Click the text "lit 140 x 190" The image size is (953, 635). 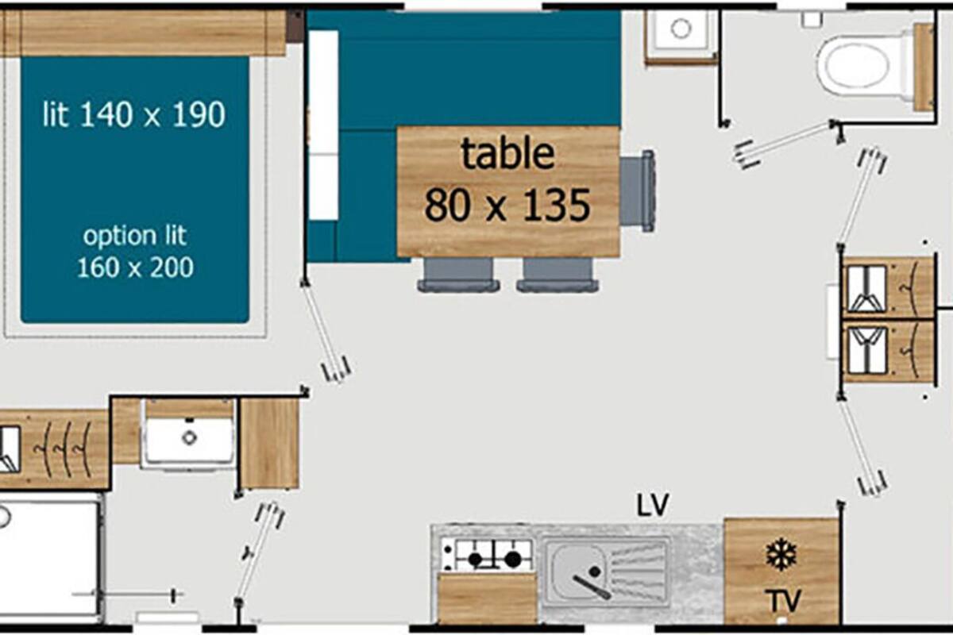(x=134, y=114)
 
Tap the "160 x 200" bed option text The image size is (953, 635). (x=135, y=267)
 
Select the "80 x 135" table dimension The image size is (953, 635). (x=507, y=206)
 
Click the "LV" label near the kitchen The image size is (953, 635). (x=653, y=505)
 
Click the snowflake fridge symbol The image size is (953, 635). (x=781, y=556)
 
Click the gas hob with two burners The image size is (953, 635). (x=487, y=555)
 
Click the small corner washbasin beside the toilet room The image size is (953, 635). (x=681, y=30)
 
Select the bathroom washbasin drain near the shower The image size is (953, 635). (x=189, y=437)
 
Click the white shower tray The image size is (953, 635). (x=49, y=557)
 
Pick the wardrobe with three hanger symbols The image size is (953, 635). (x=53, y=449)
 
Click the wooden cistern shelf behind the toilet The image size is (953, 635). (x=923, y=67)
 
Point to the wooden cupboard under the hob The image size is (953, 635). (x=488, y=598)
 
